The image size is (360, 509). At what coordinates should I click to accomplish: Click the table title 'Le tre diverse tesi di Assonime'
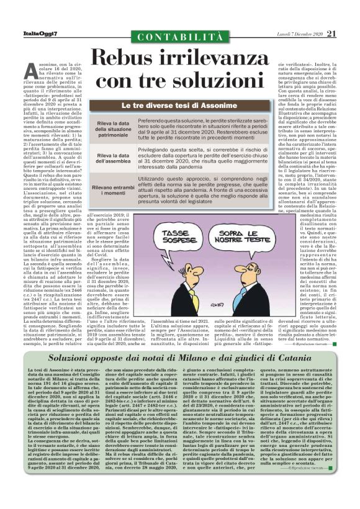point(179,106)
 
